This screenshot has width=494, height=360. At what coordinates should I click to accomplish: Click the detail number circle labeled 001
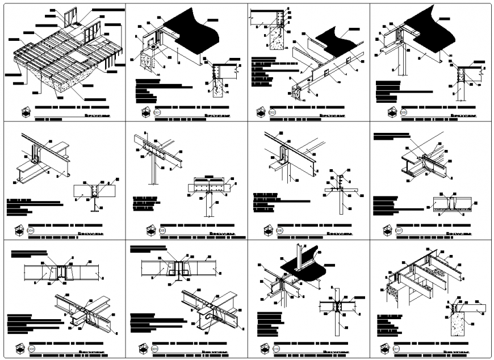pyautogui.click(x=158, y=113)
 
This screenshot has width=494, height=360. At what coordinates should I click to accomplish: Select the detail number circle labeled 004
pyautogui.click(x=31, y=231)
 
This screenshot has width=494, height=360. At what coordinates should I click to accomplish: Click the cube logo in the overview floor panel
pyautogui.click(x=23, y=111)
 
